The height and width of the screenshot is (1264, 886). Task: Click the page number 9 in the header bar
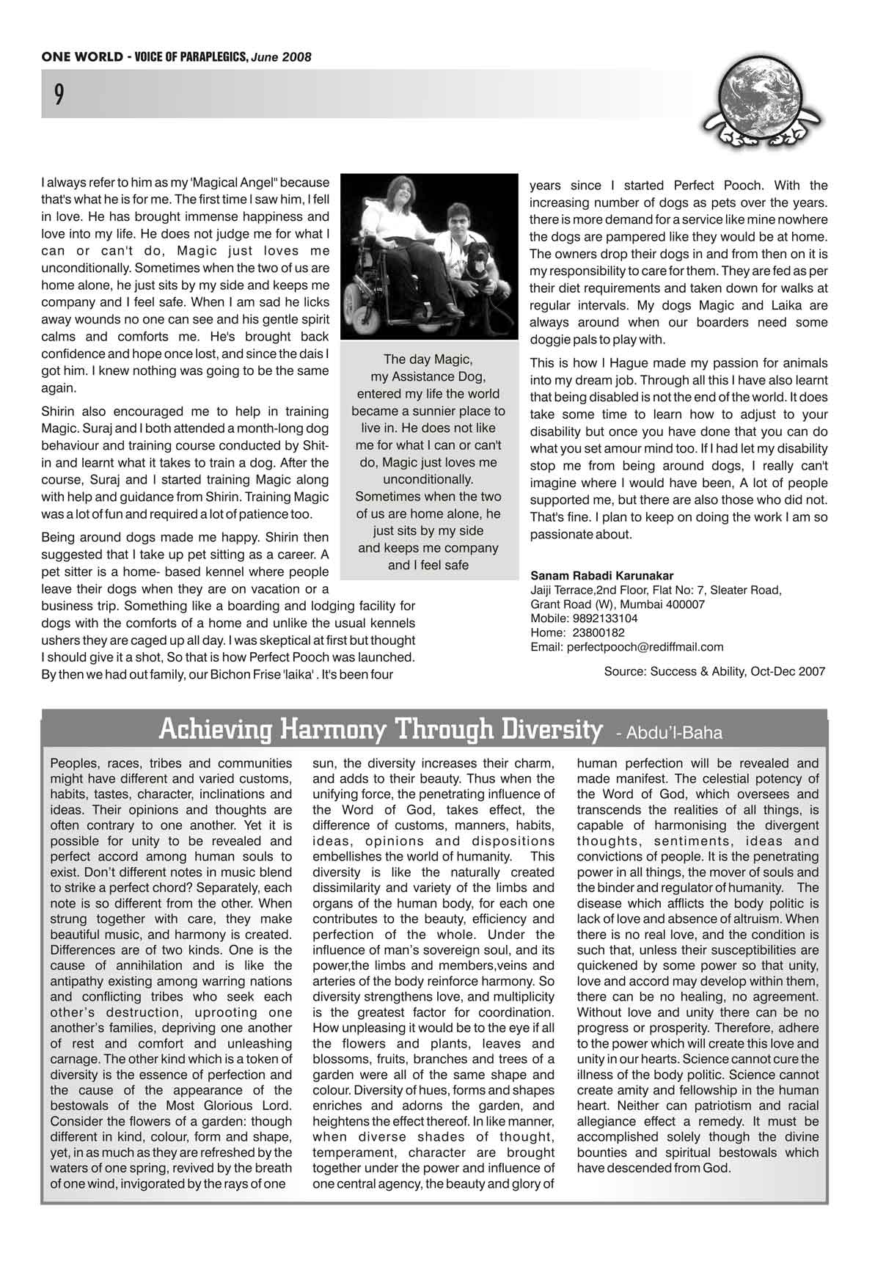59,95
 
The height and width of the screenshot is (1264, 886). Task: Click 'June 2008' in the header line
282,57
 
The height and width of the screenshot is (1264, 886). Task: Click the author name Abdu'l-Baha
670,732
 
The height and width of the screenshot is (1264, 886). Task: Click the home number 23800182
598,632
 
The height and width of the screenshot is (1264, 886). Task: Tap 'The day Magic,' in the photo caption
428,359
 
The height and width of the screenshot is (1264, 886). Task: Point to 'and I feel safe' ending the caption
428,565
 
